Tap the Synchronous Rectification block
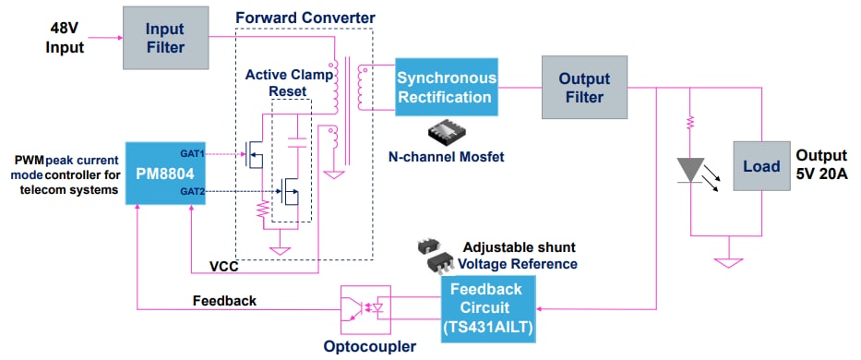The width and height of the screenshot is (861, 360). pos(447,88)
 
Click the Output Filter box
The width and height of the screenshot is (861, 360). pos(582,88)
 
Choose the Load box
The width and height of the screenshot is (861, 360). pos(760,167)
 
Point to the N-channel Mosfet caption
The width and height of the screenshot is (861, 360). pos(446,157)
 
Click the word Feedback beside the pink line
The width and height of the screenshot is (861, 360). pos(224,301)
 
